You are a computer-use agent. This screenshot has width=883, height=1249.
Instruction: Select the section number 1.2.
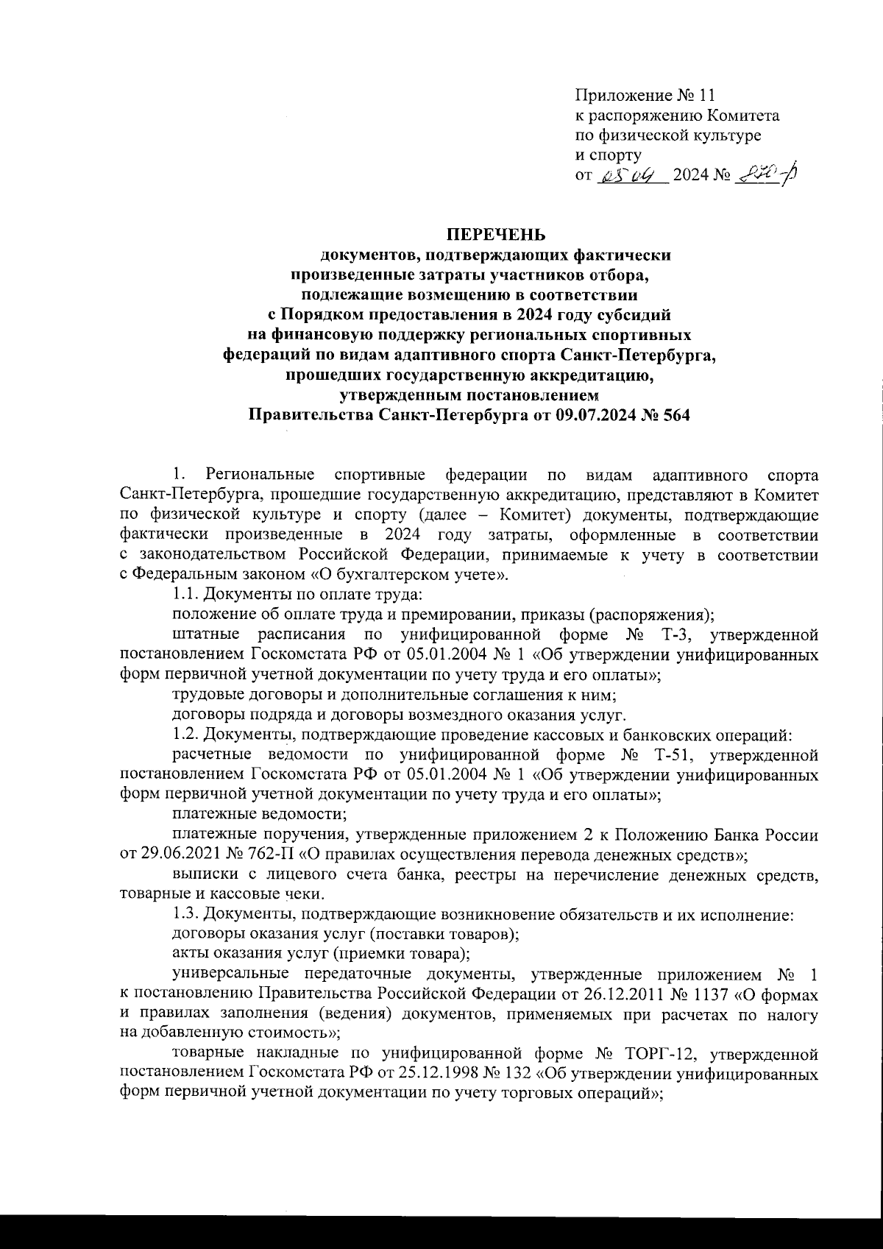(185, 734)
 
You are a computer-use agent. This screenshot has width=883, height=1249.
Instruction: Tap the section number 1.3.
(185, 915)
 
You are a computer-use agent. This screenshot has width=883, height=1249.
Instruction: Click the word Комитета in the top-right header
(743, 116)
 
